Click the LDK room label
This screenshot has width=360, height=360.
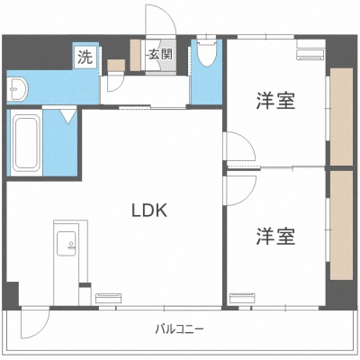(x=149, y=210)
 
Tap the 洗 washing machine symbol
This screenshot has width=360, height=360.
(x=85, y=58)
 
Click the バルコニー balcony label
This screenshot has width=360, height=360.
(x=179, y=329)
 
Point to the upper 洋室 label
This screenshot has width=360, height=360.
(x=275, y=101)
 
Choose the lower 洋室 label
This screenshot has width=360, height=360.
(x=275, y=237)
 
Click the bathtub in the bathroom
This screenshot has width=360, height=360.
(x=27, y=143)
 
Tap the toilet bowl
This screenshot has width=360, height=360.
(x=207, y=53)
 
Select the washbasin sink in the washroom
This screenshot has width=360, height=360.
(x=17, y=88)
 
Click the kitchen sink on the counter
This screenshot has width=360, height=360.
(x=67, y=244)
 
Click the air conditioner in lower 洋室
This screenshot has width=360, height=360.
(x=243, y=298)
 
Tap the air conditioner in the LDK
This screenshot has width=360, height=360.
(x=109, y=299)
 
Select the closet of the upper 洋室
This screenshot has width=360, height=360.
(x=341, y=117)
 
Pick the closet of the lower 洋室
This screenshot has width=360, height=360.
(x=341, y=226)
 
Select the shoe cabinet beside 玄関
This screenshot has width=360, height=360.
(x=135, y=55)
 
